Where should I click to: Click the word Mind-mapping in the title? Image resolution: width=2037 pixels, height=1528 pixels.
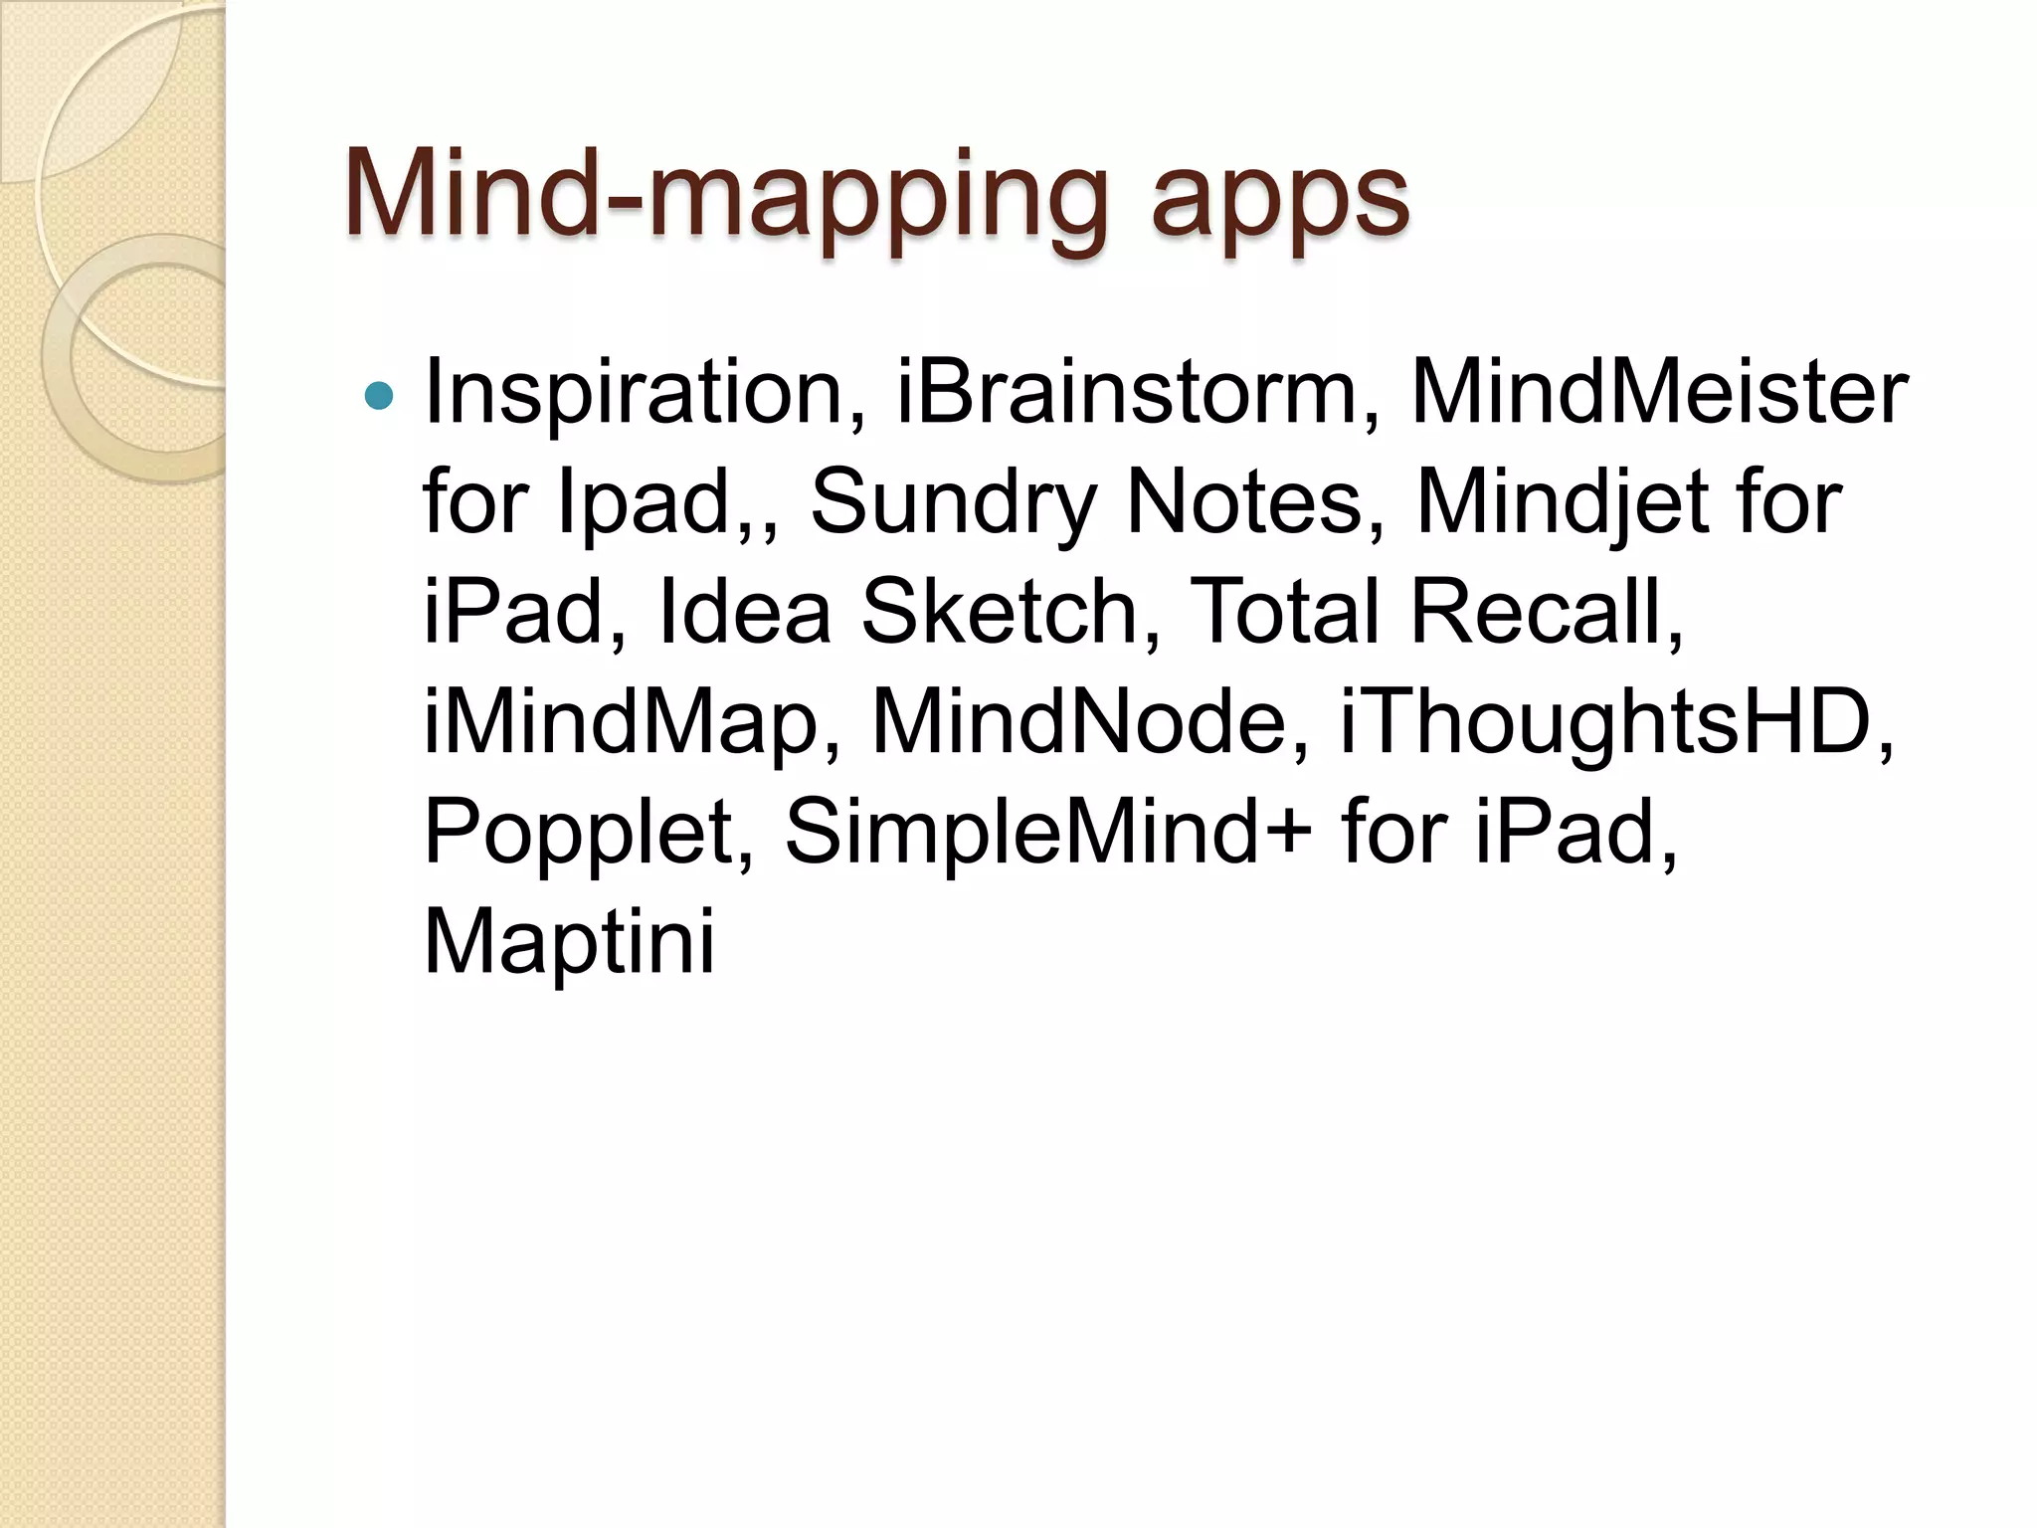click(725, 196)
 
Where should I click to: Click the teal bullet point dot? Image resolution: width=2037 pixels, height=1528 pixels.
click(379, 397)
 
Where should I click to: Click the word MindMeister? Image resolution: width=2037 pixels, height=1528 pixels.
click(1659, 393)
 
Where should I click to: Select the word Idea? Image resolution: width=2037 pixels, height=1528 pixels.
click(744, 612)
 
